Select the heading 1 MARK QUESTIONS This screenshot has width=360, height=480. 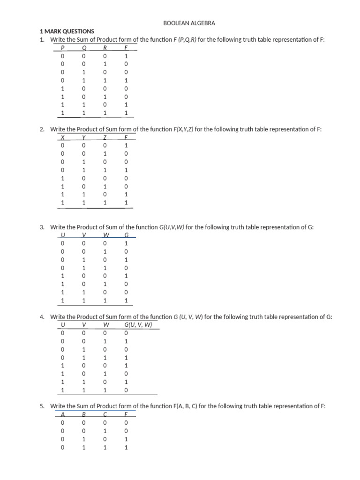coord(67,31)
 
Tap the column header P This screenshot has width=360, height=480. coord(62,47)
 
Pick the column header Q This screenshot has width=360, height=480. coord(84,47)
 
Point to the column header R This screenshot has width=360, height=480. coord(105,47)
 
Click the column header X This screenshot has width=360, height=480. coord(62,137)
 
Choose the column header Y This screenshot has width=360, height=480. coord(84,137)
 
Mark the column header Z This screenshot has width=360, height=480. coord(105,137)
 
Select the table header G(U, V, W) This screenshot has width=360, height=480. coord(138,324)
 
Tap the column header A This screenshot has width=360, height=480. coord(62,414)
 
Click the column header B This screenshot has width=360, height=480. coord(84,414)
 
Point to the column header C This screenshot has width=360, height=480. coord(105,414)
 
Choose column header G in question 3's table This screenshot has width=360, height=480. coord(126,235)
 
